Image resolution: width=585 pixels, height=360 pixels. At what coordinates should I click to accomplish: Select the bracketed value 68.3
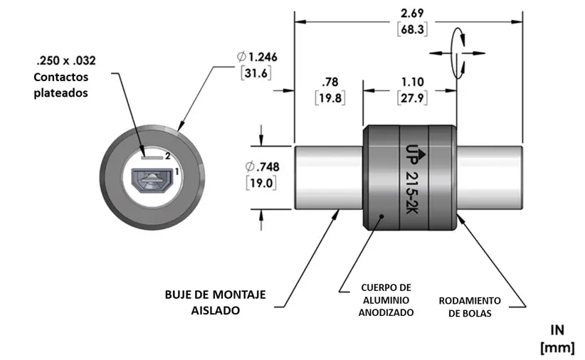coord(409,31)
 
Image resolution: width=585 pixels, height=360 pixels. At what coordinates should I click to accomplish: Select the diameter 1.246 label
coord(258,57)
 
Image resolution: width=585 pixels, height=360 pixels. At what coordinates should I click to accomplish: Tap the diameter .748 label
coord(263,167)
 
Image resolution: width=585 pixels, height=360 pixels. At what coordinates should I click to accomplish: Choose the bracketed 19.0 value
coord(263,184)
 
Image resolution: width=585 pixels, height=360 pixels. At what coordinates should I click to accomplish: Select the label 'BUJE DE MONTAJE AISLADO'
coord(215,302)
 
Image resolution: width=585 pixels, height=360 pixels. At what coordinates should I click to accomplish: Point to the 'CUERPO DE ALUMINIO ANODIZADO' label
coord(386,300)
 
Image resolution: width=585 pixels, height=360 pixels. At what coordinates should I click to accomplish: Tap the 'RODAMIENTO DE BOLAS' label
coord(475,307)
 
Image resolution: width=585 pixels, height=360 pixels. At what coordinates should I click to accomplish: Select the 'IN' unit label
coord(557,330)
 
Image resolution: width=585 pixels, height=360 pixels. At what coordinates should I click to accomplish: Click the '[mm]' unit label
coord(557,346)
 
